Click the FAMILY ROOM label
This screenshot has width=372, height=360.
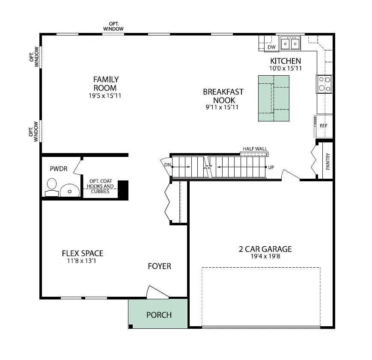106,84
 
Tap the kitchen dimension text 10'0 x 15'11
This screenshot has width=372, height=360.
286,68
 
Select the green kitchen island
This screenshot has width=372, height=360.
274,98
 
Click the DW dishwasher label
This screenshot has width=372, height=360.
271,47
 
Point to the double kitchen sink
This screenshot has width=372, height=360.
290,44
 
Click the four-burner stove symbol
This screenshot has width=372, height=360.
324,84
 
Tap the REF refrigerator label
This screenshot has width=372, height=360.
323,126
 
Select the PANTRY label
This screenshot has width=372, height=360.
328,161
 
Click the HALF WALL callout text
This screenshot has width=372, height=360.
255,149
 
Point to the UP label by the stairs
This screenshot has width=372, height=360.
271,167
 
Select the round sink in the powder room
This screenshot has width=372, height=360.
69,190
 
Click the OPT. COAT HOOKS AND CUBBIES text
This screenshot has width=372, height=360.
100,186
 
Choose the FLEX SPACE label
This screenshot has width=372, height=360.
83,254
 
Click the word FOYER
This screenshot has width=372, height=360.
159,266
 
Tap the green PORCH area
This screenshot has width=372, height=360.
158,314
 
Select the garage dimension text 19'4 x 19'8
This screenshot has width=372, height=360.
265,257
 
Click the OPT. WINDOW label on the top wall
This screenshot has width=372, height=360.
113,26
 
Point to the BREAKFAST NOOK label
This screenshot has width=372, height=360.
223,96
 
